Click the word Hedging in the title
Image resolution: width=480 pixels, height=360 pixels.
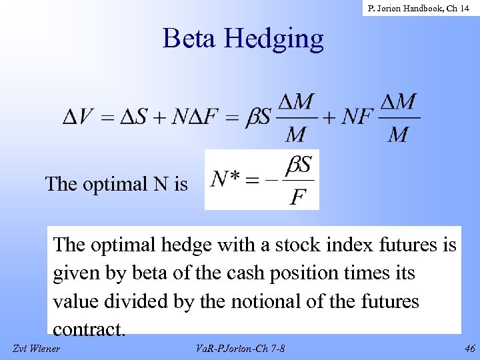click(x=274, y=39)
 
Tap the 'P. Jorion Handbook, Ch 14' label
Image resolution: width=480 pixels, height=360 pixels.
click(x=419, y=9)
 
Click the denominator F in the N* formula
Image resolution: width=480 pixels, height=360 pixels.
click(x=297, y=198)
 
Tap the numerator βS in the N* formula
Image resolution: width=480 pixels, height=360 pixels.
click(x=298, y=164)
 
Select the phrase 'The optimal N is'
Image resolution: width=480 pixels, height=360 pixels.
click(x=117, y=183)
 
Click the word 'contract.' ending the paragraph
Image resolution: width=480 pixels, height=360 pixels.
click(x=89, y=329)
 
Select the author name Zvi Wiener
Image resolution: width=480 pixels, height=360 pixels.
click(x=37, y=349)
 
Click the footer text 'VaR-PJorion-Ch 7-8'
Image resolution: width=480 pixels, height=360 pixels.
click(x=241, y=349)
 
